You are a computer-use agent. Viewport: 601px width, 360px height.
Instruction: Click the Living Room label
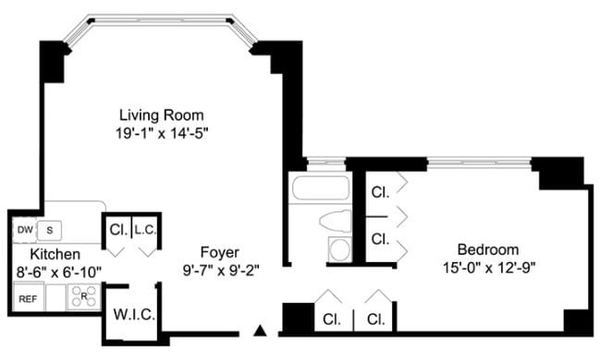click(x=161, y=114)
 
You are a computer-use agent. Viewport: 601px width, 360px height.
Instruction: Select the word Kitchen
click(x=54, y=254)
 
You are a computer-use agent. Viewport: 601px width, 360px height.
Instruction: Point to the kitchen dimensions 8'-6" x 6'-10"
click(x=58, y=271)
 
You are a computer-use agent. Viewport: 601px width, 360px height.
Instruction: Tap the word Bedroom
click(x=488, y=249)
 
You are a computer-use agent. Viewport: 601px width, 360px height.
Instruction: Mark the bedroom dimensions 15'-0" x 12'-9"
click(x=489, y=268)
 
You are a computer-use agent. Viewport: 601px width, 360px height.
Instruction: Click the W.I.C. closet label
click(x=134, y=314)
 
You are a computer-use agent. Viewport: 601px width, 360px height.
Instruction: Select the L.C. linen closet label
click(x=146, y=230)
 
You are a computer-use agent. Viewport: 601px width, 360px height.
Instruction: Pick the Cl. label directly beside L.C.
click(x=117, y=230)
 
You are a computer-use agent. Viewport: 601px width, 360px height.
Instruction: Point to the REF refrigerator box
click(x=27, y=298)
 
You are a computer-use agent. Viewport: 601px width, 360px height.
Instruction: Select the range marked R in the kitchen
click(x=84, y=296)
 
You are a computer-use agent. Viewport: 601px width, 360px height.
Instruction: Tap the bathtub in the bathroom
click(x=319, y=189)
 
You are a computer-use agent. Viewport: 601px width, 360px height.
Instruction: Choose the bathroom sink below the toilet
click(x=339, y=249)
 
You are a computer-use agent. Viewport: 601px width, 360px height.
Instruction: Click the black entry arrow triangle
click(x=262, y=330)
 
